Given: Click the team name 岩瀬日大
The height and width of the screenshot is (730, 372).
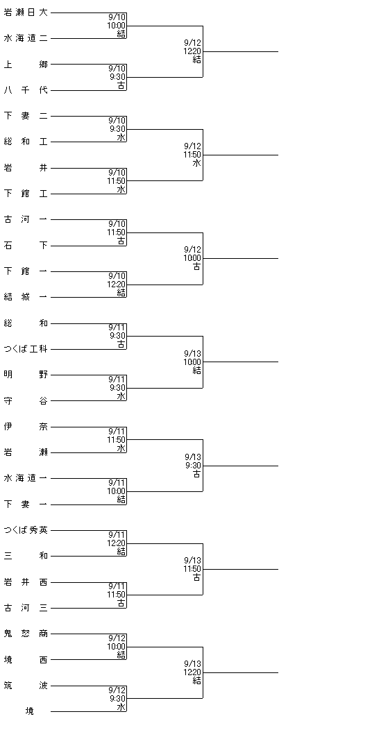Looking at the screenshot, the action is pyautogui.click(x=26, y=12).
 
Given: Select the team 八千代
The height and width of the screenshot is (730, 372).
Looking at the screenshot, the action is pyautogui.click(x=26, y=90).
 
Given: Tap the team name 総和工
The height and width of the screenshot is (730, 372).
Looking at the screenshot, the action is pyautogui.click(x=26, y=142).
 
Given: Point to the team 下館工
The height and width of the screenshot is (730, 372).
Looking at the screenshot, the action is pyautogui.click(x=26, y=194).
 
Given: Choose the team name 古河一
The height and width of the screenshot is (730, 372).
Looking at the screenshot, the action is pyautogui.click(x=26, y=219).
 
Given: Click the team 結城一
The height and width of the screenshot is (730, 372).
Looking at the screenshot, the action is pyautogui.click(x=26, y=297).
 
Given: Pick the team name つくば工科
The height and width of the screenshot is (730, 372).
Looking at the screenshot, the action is pyautogui.click(x=26, y=349).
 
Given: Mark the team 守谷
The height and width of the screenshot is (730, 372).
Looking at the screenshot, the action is pyautogui.click(x=26, y=401).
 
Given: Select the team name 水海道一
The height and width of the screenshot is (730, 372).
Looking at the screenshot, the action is pyautogui.click(x=26, y=478).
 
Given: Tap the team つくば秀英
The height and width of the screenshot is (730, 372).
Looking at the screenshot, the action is pyautogui.click(x=26, y=530).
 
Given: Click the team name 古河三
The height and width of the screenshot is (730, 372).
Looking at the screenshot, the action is pyautogui.click(x=26, y=608).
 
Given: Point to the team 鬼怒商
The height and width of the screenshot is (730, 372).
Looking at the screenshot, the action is pyautogui.click(x=26, y=634).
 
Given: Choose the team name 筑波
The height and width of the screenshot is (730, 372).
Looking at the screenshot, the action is pyautogui.click(x=26, y=686).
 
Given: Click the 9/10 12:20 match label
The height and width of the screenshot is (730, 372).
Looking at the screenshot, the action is pyautogui.click(x=117, y=284).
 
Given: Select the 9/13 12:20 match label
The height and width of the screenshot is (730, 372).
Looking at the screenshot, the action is pyautogui.click(x=192, y=672).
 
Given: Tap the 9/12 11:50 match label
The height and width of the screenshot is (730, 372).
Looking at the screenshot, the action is pyautogui.click(x=192, y=155).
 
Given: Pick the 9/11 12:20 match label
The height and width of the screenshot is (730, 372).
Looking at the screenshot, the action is pyautogui.click(x=117, y=543).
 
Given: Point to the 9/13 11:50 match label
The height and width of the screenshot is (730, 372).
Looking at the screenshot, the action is pyautogui.click(x=192, y=568).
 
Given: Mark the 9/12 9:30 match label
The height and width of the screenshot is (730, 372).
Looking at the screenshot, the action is pyautogui.click(x=117, y=698).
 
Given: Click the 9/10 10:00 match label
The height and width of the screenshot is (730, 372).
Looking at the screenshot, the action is pyautogui.click(x=117, y=25).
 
